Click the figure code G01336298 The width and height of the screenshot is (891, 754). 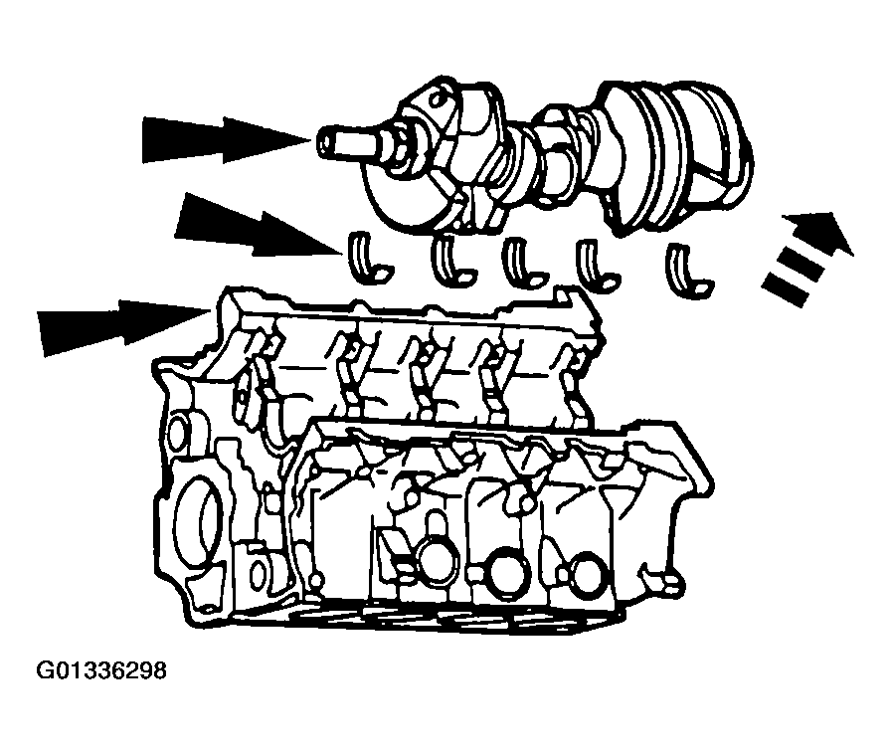pyautogui.click(x=101, y=670)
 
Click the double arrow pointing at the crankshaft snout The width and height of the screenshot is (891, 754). pyautogui.click(x=227, y=139)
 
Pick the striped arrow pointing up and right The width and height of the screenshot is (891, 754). pyautogui.click(x=806, y=259)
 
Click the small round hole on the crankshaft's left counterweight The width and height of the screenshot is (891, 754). pyautogui.click(x=436, y=101)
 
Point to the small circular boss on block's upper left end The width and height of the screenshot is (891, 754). pyautogui.click(x=178, y=430)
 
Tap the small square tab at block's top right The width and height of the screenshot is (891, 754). pyautogui.click(x=563, y=295)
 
